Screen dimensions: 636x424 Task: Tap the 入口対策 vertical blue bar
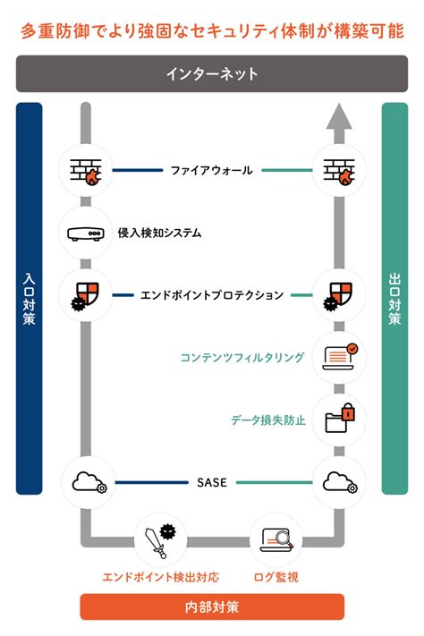pyautogui.click(x=30, y=299)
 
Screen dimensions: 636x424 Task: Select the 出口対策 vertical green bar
pyautogui.click(x=394, y=299)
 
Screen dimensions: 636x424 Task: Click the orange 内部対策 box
pyautogui.click(x=212, y=606)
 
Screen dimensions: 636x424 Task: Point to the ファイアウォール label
pyautogui.click(x=212, y=170)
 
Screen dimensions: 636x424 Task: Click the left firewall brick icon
pyautogui.click(x=86, y=170)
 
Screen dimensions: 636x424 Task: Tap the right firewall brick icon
pyautogui.click(x=338, y=170)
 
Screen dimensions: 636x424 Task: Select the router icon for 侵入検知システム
pyautogui.click(x=86, y=233)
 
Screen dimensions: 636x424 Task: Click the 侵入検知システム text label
pyautogui.click(x=160, y=233)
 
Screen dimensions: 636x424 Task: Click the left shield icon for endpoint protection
pyautogui.click(x=86, y=294)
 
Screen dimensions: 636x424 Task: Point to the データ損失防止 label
pyautogui.click(x=268, y=419)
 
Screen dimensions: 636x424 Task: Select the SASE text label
pyautogui.click(x=212, y=482)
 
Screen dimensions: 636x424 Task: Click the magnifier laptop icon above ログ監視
pyautogui.click(x=276, y=539)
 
